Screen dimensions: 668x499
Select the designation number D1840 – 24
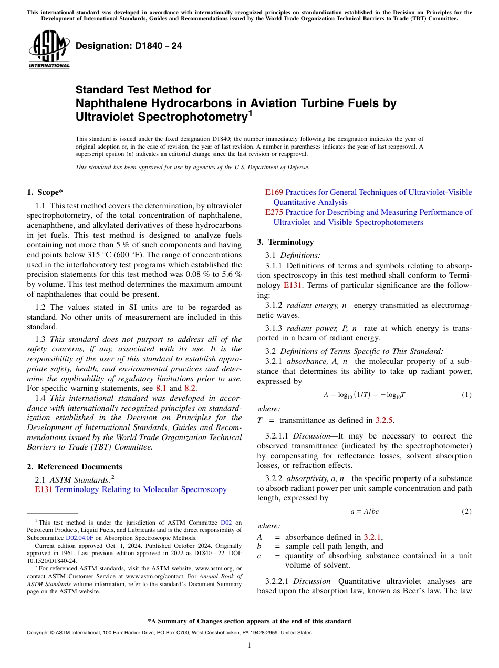click(129, 46)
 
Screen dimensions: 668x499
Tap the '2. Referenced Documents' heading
click(75, 467)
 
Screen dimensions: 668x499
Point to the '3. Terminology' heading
click(285, 242)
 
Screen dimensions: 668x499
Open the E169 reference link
click(274, 192)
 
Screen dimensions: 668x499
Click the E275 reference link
click(274, 212)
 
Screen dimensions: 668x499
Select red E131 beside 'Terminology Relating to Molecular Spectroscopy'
click(44, 489)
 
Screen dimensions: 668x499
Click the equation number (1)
click(466, 394)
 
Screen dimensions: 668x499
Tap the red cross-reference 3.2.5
click(384, 420)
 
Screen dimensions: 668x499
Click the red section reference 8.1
click(162, 388)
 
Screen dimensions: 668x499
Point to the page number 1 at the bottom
click(250, 645)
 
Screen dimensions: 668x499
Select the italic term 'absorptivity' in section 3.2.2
click(305, 478)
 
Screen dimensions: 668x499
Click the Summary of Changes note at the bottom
click(250, 621)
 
